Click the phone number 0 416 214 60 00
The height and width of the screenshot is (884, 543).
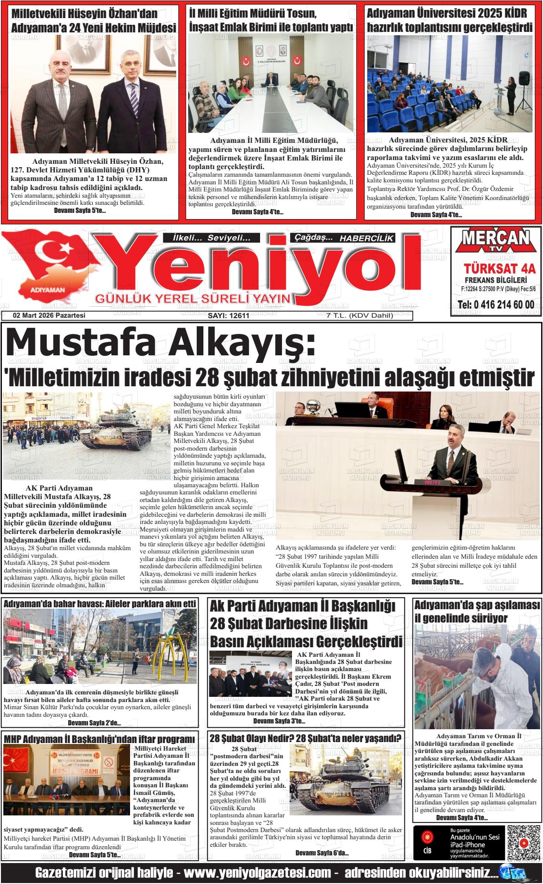pos(496,304)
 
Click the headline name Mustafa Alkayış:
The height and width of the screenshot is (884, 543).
pos(160,344)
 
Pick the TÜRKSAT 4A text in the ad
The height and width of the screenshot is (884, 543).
pos(496,268)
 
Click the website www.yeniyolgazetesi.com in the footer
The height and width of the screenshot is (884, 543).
pos(257,873)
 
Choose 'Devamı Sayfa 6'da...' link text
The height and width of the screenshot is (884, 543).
pos(322,852)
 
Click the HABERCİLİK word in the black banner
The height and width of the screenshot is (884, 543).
pos(366,238)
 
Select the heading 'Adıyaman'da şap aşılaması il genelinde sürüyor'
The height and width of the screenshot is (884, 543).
pos(476,612)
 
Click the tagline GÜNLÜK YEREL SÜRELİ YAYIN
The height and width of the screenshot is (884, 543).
pos(193,299)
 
